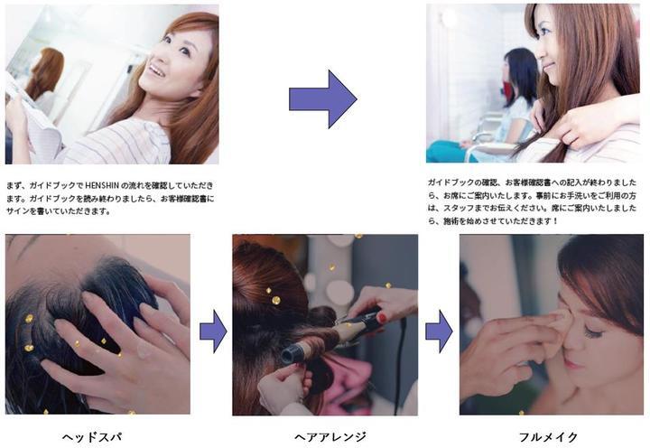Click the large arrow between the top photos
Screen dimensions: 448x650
coord(322,98)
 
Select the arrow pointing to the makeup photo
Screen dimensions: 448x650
coord(439,331)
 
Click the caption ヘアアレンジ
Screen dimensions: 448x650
coord(330,437)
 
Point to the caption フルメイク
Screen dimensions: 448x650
coord(548,437)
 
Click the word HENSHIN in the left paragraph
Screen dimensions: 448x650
coord(111,183)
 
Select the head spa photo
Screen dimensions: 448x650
coord(97,323)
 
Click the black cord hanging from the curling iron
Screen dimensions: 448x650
coord(397,370)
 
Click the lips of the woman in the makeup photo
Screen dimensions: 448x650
coord(572,364)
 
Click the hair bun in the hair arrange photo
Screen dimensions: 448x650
coord(259,271)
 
